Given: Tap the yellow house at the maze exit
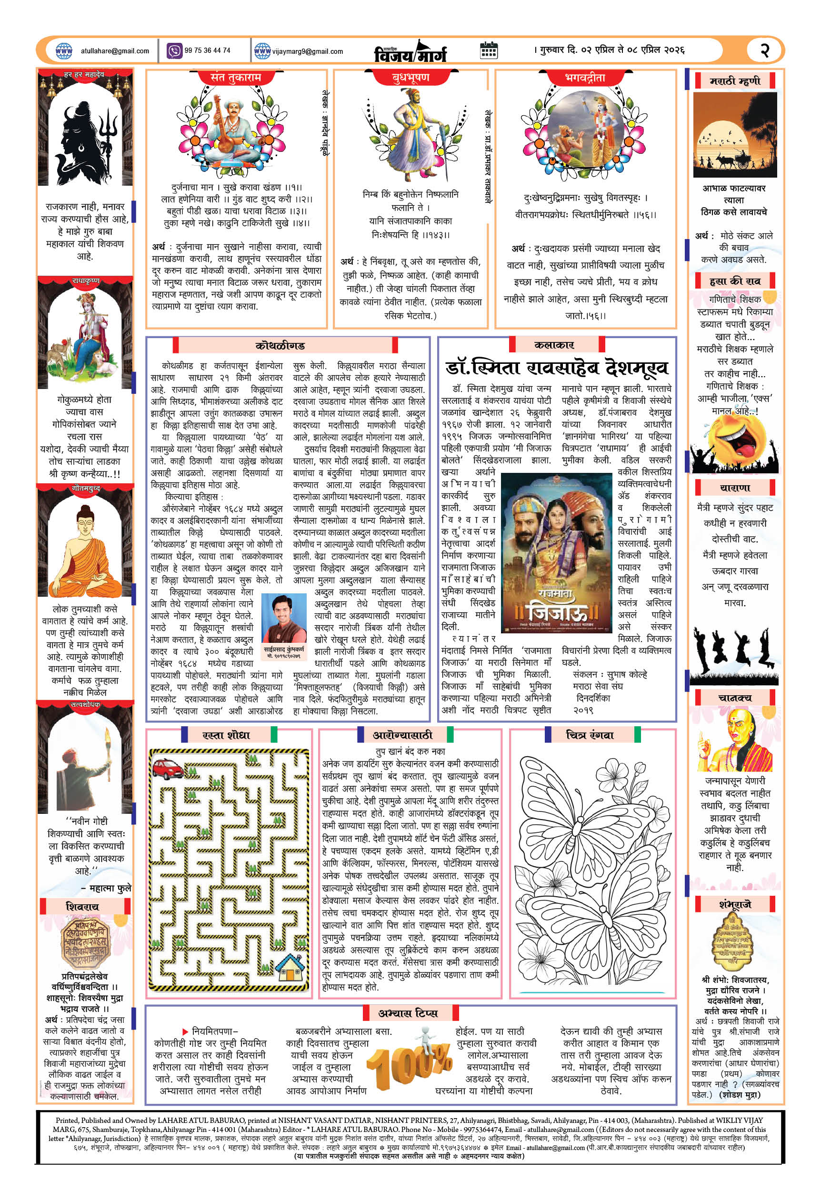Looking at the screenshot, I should (x=290, y=969).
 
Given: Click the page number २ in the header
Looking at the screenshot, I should (x=765, y=50).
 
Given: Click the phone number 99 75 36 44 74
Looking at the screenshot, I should (x=207, y=50).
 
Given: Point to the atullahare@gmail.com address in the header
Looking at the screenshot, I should (x=115, y=51).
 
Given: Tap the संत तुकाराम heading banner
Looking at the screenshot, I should (x=236, y=78).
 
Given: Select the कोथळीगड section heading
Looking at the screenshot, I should (x=280, y=345).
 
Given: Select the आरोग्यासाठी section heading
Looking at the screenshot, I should (x=402, y=735).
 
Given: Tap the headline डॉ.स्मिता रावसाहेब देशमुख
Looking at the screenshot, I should (x=557, y=368).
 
